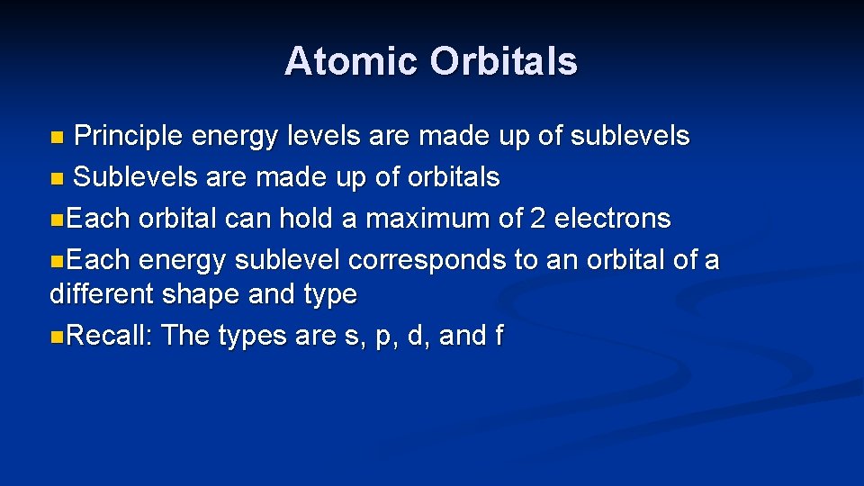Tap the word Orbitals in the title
[x=503, y=61]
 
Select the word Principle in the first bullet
[x=129, y=137]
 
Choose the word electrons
[x=614, y=219]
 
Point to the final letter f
[x=499, y=336]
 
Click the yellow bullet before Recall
[x=57, y=337]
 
